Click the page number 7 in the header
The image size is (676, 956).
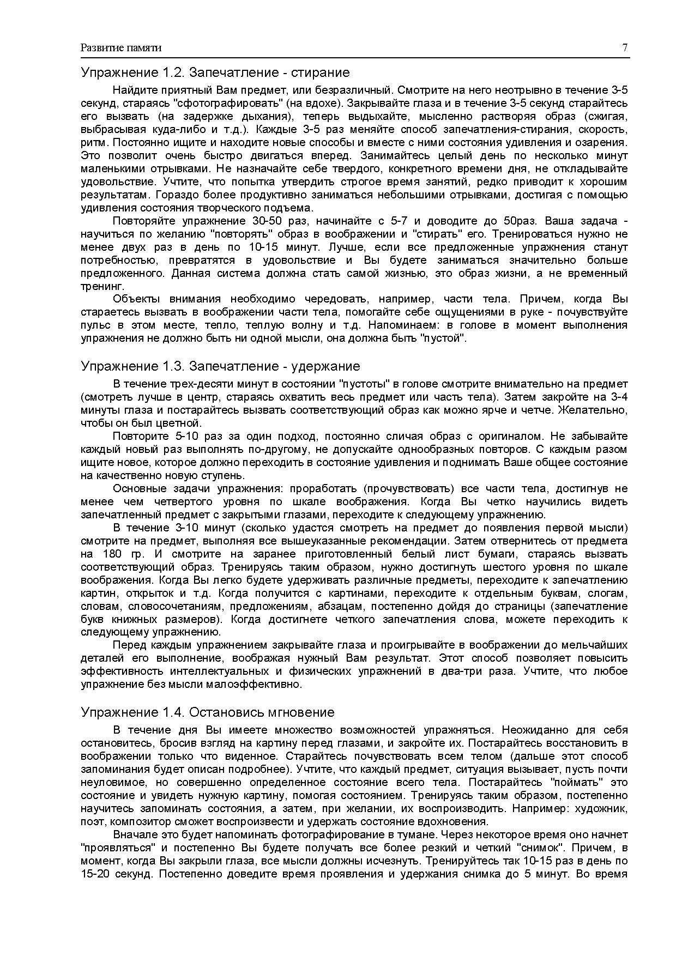pyautogui.click(x=625, y=48)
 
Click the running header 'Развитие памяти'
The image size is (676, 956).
pyautogui.click(x=121, y=48)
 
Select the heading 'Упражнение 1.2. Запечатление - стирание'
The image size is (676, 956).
pyautogui.click(x=215, y=72)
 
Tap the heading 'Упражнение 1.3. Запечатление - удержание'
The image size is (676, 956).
pyautogui.click(x=220, y=366)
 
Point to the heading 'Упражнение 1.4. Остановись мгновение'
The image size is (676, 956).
pyautogui.click(x=207, y=712)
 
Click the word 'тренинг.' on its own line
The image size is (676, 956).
pyautogui.click(x=95, y=286)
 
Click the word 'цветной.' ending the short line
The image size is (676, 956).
pyautogui.click(x=183, y=423)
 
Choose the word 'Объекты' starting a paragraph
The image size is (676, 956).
pyautogui.click(x=136, y=299)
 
